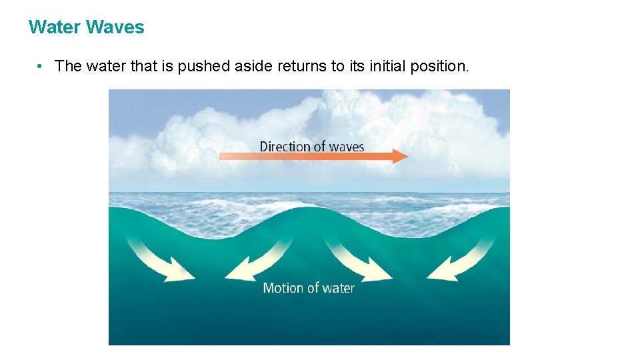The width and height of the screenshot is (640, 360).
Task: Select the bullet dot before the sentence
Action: (41, 66)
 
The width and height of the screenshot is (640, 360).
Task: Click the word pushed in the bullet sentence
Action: (199, 66)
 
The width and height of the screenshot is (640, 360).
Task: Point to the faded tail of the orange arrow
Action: (227, 157)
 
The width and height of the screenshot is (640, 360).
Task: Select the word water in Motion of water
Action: (337, 288)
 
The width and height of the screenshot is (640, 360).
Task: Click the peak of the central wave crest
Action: (310, 207)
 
